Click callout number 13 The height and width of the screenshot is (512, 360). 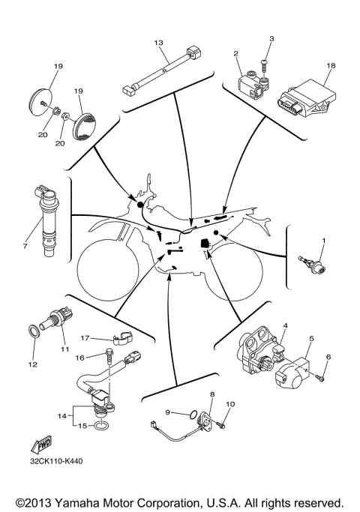158,43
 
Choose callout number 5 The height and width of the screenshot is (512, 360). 311,340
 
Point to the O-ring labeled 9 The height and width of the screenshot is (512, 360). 194,414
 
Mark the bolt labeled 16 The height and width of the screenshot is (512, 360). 110,352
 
